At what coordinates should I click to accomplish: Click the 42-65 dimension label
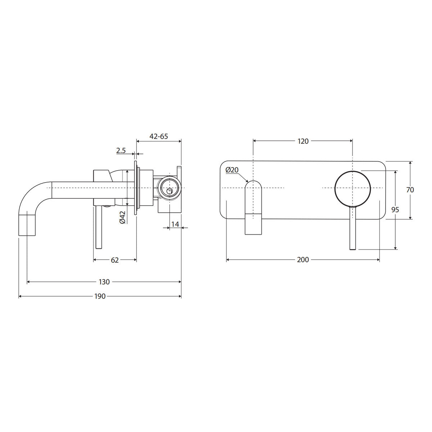(158, 136)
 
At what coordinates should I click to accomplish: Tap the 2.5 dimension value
(121, 150)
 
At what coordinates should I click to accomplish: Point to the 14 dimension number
(175, 224)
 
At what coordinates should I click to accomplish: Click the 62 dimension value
(114, 260)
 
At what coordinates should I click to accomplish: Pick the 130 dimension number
(104, 282)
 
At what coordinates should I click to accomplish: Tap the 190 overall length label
(100, 296)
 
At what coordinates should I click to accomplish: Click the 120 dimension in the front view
(303, 141)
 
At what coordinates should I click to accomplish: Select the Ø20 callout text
(232, 170)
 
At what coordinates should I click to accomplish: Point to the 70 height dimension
(410, 190)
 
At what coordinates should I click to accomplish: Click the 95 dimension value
(395, 210)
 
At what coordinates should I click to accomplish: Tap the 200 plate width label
(303, 260)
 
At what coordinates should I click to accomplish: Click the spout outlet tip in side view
(27, 225)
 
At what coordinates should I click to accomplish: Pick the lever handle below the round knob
(353, 228)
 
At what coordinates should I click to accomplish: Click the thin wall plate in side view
(136, 188)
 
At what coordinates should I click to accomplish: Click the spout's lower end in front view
(253, 224)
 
